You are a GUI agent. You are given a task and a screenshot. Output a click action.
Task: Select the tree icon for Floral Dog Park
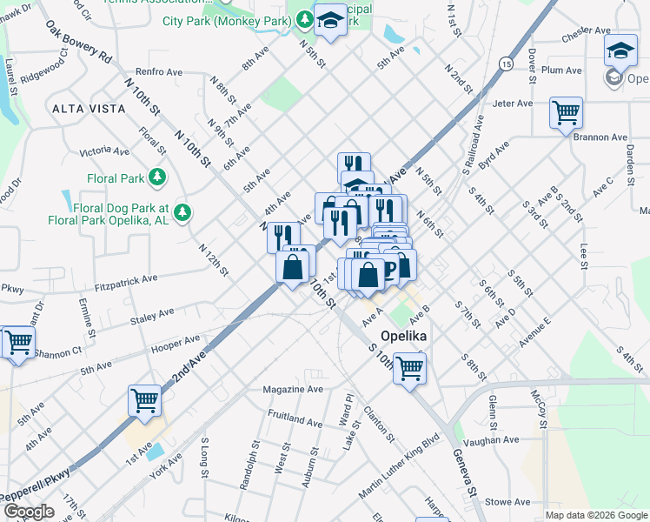(x=182, y=211)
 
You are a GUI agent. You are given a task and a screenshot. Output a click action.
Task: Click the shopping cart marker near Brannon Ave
(x=566, y=112)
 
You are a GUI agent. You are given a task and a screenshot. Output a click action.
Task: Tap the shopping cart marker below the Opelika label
(x=409, y=367)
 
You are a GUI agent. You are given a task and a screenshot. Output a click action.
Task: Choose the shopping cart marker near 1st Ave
(x=144, y=400)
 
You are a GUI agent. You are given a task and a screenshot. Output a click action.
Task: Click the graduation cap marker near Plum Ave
(x=620, y=50)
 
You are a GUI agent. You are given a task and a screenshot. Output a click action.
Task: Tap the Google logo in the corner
(x=28, y=512)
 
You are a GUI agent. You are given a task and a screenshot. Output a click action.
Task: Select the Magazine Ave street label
(x=293, y=390)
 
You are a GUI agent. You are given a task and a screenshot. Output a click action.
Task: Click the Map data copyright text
(x=595, y=514)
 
